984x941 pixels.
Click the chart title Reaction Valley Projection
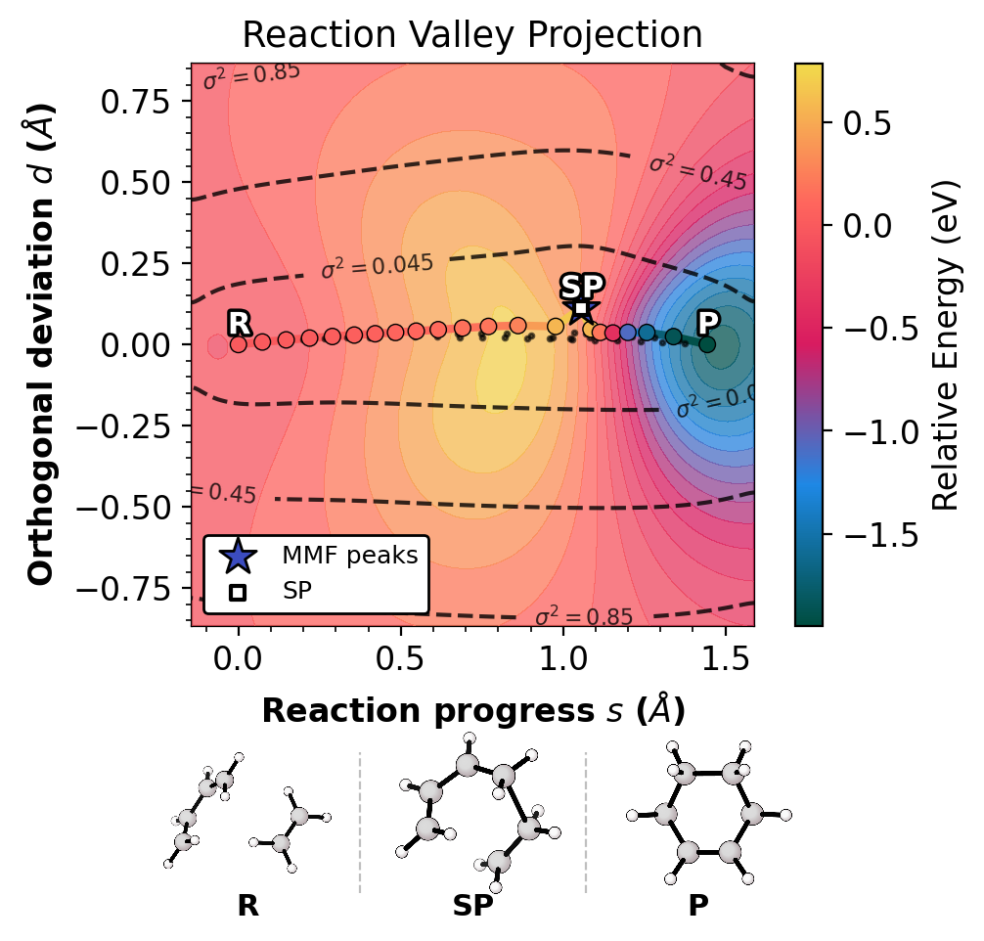click(x=472, y=35)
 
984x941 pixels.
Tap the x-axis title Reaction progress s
click(x=472, y=711)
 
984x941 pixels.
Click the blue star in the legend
click(x=238, y=556)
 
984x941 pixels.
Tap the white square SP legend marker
click(x=238, y=592)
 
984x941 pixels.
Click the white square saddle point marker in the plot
click(x=580, y=308)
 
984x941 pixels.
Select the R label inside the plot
click(x=239, y=324)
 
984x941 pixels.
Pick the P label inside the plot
click(x=707, y=323)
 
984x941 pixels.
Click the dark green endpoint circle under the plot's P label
click(x=706, y=344)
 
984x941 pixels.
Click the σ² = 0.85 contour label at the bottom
click(x=584, y=616)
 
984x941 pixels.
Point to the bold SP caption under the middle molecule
click(x=472, y=906)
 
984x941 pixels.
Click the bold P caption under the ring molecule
click(x=697, y=906)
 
